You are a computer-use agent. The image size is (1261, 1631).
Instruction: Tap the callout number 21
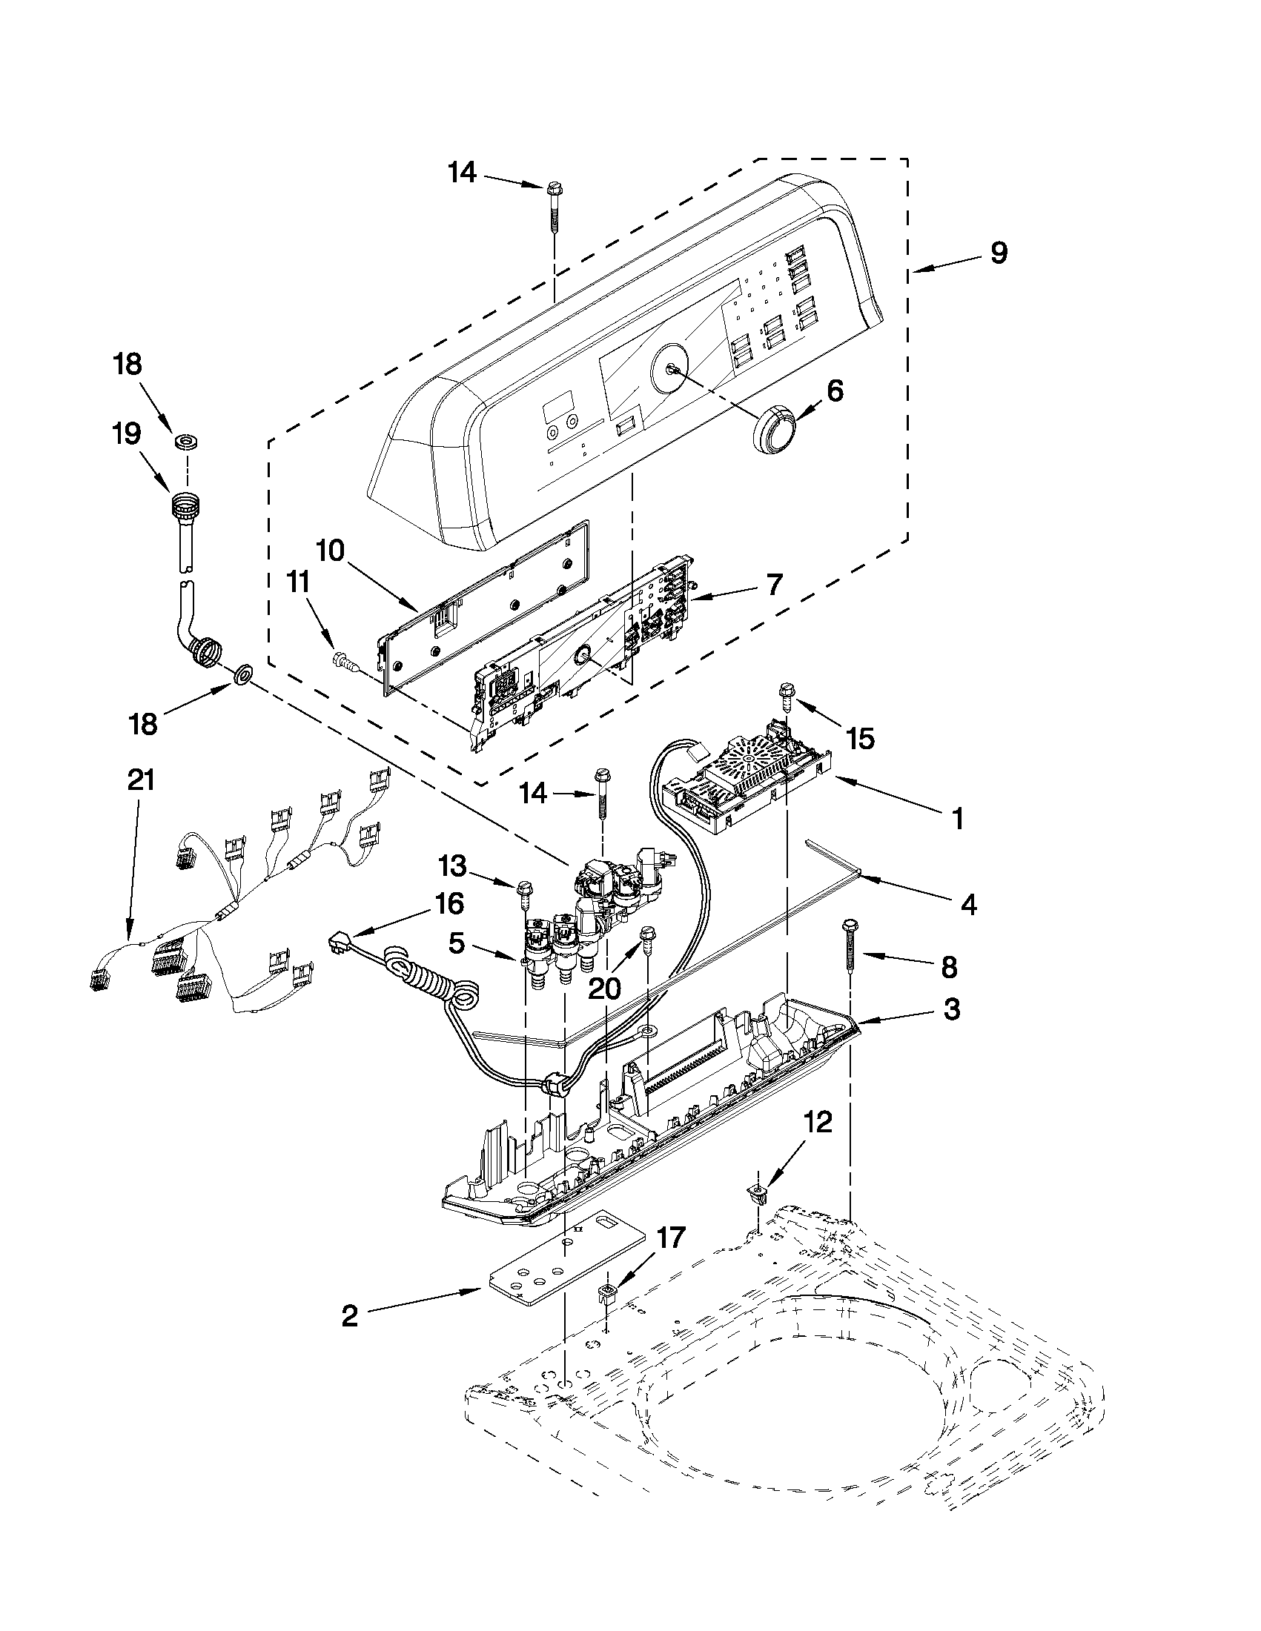140,780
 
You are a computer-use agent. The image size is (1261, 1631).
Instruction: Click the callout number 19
127,434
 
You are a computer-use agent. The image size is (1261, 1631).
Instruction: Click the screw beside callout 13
525,889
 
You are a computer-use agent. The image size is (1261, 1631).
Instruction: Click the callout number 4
967,905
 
